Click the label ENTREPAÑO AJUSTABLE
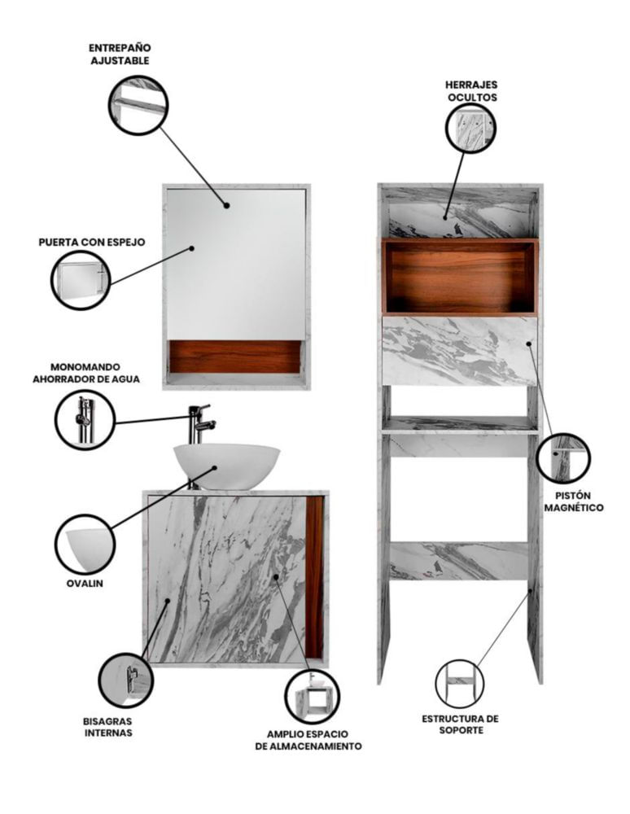120,54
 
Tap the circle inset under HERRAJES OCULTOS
470,128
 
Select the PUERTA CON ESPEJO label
92,242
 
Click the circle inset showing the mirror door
81,280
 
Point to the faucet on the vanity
199,424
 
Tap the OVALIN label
85,583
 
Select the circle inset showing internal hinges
126,681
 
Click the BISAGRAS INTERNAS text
108,727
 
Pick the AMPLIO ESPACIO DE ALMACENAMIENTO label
308,740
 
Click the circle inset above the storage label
313,696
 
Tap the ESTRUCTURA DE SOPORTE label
460,724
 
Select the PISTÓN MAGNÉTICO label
574,501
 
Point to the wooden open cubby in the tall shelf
459,278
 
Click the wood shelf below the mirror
235,357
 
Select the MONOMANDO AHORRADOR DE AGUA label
86,374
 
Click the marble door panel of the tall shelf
459,350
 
